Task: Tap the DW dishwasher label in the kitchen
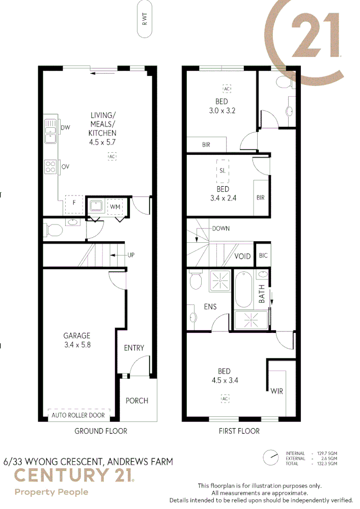coord(65,127)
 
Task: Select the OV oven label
coord(65,166)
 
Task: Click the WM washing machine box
coord(115,207)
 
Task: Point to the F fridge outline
coord(74,204)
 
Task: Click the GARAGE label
coord(76,335)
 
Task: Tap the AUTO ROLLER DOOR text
coord(78,415)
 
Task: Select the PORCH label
coord(137,401)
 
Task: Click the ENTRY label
coord(134,348)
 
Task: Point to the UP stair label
coord(131,254)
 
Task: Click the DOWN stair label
coord(220,229)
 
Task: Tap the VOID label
coord(242,256)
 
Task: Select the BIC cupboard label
coord(263,256)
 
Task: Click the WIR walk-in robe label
coord(276,391)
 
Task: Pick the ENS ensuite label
coord(210,307)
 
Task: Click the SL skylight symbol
coord(223,171)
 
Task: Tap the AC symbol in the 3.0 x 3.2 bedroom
coord(227,89)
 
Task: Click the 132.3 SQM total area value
coord(327,464)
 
